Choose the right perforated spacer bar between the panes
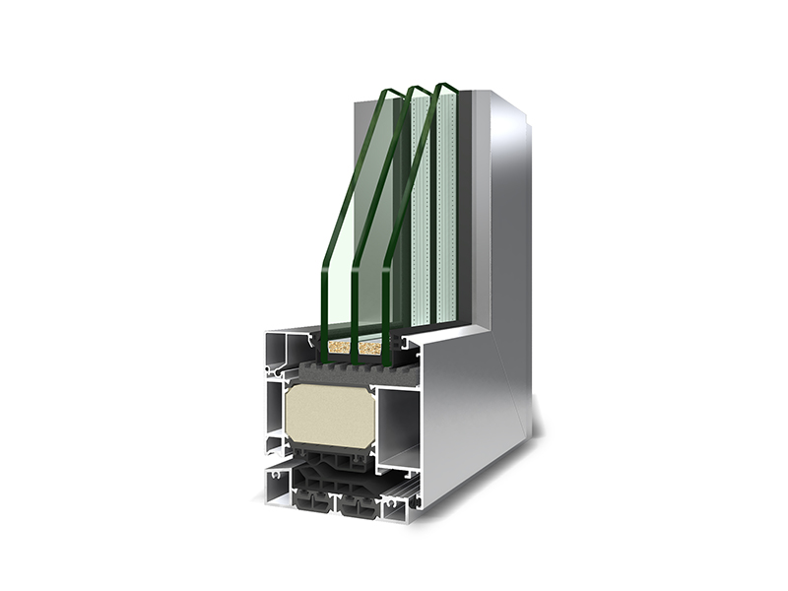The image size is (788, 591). (447, 207)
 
